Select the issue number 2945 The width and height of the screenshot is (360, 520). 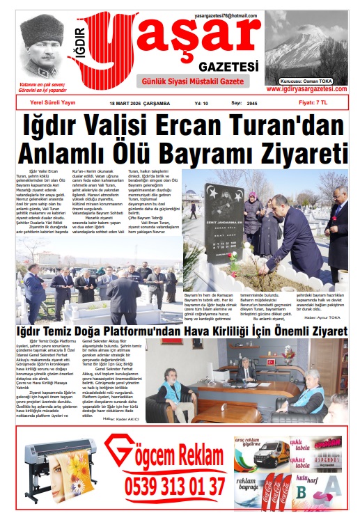pos(252,103)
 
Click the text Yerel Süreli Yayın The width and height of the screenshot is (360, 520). pos(47,102)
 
